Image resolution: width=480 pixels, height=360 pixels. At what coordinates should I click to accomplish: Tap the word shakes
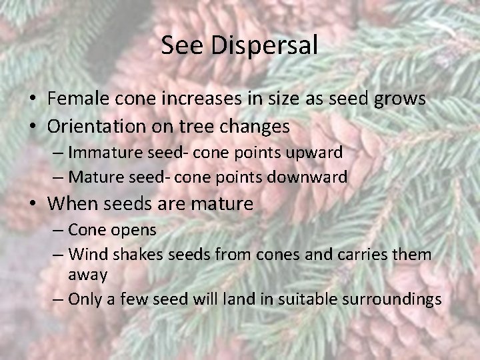(x=129, y=254)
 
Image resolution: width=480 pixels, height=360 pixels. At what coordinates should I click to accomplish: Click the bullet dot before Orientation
(x=32, y=125)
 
